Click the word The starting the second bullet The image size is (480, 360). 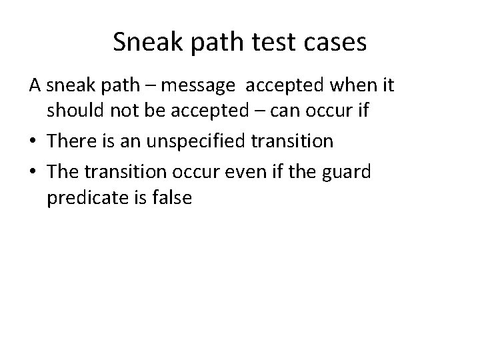63,171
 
